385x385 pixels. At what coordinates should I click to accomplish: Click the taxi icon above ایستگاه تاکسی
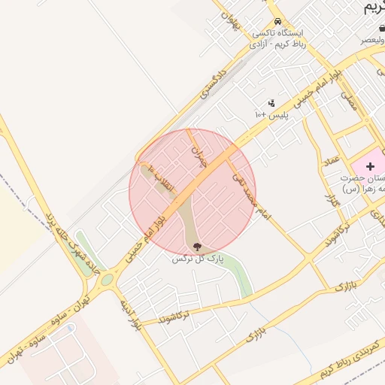coord(278,21)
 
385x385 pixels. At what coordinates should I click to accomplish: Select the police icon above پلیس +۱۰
coord(271,103)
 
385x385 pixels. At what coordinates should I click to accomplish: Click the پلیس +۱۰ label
coord(271,115)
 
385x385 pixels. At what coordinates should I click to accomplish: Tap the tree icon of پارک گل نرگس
coord(197,246)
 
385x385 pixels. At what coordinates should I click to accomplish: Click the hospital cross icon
coord(370,165)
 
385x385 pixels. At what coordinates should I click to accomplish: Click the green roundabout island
coord(107,280)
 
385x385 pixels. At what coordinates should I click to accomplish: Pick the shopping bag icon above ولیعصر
coord(382,28)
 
